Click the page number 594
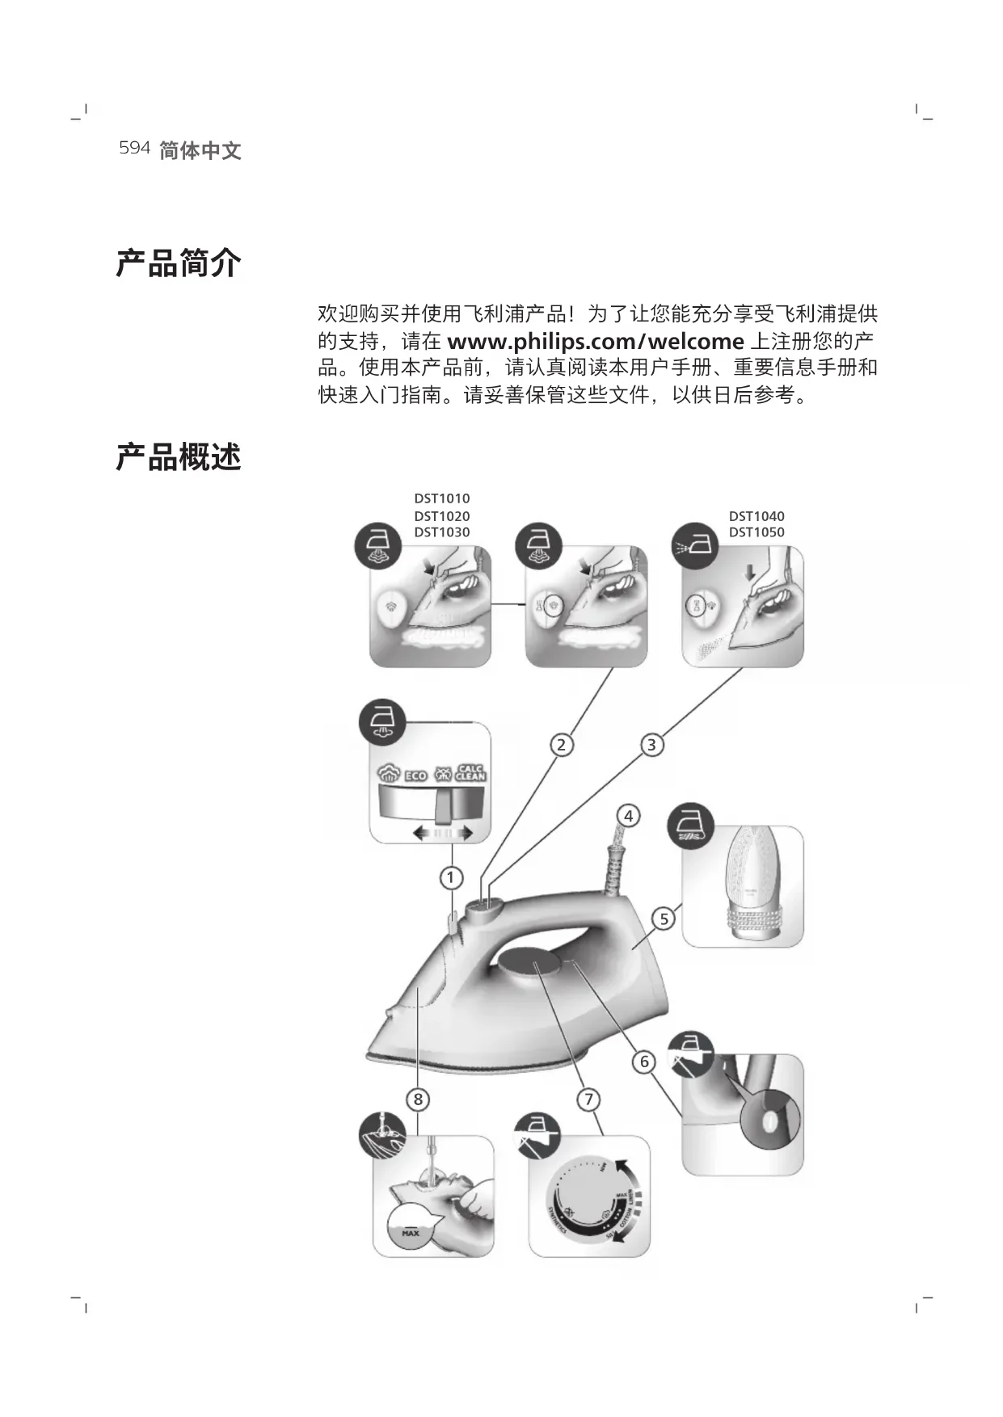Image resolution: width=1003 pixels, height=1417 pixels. tap(134, 148)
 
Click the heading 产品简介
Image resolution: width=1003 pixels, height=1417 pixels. tap(179, 263)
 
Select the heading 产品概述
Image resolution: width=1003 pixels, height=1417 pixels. tap(179, 457)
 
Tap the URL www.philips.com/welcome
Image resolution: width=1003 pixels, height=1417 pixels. tap(596, 341)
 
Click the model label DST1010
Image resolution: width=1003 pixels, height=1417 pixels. tap(441, 499)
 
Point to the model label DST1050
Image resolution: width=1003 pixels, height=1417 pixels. tap(756, 532)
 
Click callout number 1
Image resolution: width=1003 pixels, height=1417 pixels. tap(451, 877)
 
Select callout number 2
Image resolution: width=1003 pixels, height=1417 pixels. tap(562, 744)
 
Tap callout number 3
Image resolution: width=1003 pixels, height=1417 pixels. tap(651, 744)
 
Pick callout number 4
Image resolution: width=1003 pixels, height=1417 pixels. tap(628, 816)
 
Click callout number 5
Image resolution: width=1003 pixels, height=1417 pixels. tap(664, 919)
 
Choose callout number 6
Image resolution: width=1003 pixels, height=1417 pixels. tap(644, 1061)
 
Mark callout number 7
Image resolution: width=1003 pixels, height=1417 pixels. tap(588, 1099)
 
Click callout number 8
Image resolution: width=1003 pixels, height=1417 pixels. tap(418, 1099)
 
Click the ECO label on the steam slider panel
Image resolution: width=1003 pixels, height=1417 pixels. tap(415, 776)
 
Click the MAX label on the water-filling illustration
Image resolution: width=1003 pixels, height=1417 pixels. tap(411, 1234)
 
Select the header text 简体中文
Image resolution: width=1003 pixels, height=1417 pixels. tap(200, 150)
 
